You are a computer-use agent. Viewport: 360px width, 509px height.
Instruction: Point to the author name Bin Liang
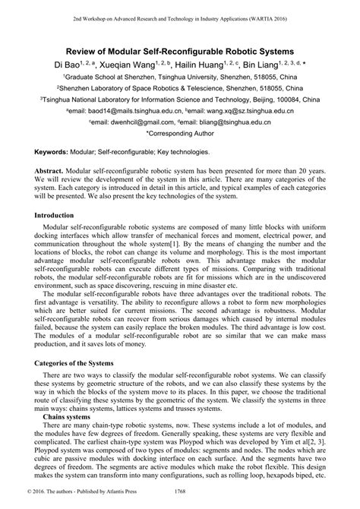pos(287,65)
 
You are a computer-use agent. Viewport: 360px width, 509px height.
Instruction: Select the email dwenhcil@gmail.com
pos(129,121)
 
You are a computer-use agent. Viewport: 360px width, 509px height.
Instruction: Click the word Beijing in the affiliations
pos(254,99)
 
